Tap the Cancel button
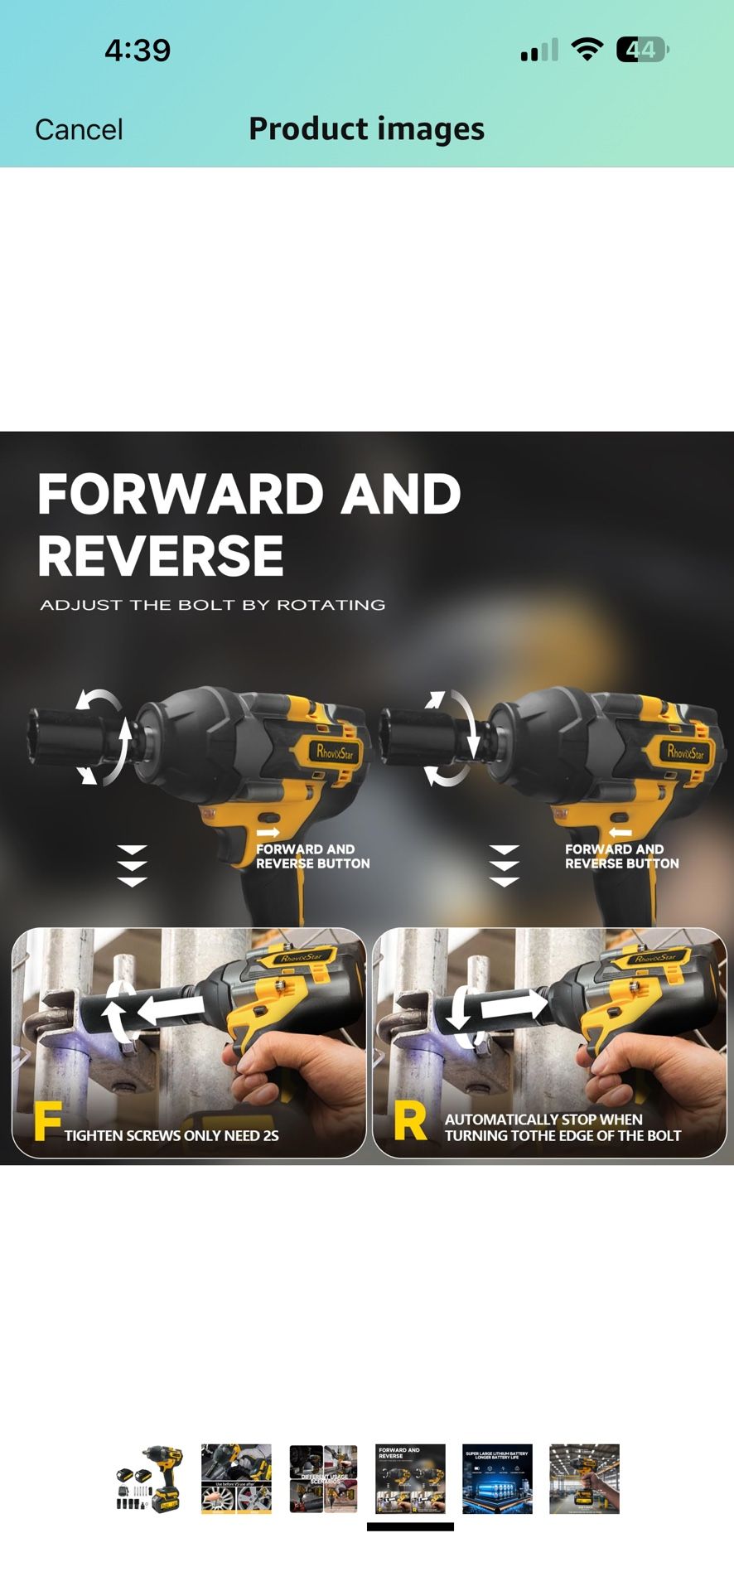79,129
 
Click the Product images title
366,128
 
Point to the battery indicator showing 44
641,50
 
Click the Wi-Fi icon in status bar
587,50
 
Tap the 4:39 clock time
138,50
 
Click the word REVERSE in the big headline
161,555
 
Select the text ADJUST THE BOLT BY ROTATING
213,605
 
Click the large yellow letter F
47,1121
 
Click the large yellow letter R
409,1121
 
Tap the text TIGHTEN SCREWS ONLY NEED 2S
171,1135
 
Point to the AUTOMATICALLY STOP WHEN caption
543,1119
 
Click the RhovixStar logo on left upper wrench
335,752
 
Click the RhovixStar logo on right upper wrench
685,752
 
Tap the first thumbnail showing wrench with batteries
150,1479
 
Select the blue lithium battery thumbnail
497,1479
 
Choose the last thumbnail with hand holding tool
584,1479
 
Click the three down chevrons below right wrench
504,866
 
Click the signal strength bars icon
539,51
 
